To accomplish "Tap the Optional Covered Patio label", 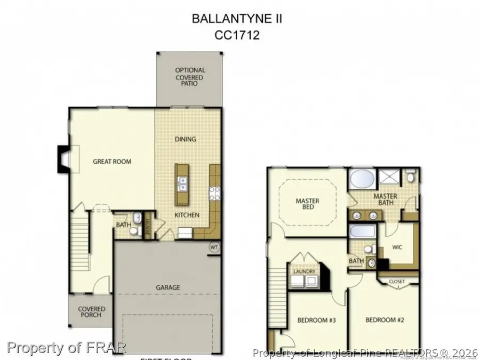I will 190,77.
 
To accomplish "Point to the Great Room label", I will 112,161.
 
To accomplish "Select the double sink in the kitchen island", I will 182,184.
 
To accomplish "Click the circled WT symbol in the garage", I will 214,247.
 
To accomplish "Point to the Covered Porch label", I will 92,312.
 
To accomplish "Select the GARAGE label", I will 167,287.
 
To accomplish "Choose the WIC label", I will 396,247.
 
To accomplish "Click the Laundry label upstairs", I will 305,271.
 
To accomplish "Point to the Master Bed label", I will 307,204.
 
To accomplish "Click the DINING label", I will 186,139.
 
